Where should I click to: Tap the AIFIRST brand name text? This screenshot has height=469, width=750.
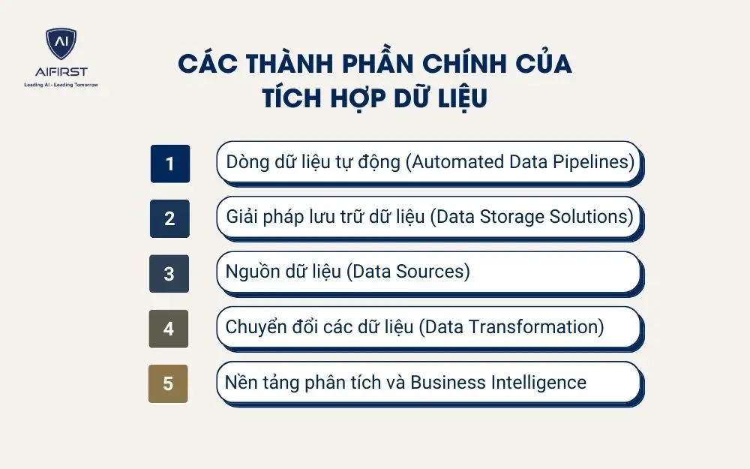click(61, 72)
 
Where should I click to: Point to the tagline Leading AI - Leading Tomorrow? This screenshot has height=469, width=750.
click(61, 85)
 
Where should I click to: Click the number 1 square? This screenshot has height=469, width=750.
click(169, 164)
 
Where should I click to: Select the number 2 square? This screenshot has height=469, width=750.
click(169, 218)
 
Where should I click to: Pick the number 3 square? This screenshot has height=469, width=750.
click(169, 274)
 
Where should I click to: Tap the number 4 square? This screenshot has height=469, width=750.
click(169, 329)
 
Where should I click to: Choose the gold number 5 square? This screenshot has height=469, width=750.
click(168, 383)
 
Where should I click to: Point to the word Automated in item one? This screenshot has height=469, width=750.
click(452, 162)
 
